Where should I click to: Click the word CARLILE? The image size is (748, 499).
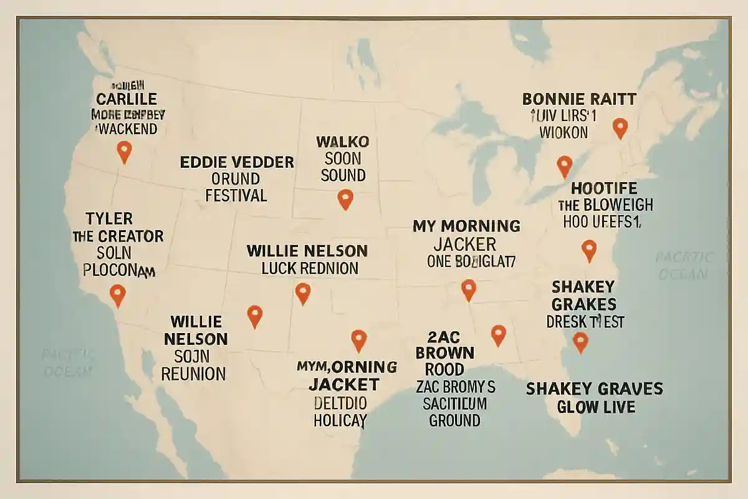pos(127,99)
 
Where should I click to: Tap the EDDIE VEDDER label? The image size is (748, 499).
pos(237,162)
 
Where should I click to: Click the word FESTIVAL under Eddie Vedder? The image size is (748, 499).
pos(236,195)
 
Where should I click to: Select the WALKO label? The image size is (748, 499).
pos(343,141)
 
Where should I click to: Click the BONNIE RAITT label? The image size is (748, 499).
pos(579,99)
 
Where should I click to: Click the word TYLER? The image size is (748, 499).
pos(110,218)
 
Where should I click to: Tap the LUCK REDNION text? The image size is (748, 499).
pos(309,268)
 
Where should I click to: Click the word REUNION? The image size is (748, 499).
pos(193,374)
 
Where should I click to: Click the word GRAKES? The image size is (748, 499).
pos(584,304)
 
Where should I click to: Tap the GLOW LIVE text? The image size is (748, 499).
pos(596,407)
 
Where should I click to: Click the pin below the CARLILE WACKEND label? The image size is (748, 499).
pos(125,150)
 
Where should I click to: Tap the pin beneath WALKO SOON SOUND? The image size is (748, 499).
pos(345,198)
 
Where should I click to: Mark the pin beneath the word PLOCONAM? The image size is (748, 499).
pos(117,294)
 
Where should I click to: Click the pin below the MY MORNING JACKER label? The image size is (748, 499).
pos(468,289)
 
